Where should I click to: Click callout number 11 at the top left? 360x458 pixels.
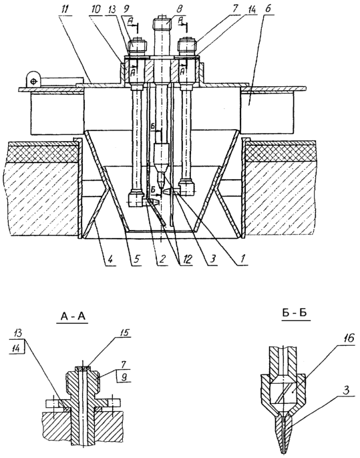tap(65, 9)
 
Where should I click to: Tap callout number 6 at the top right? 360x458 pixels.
tap(268, 9)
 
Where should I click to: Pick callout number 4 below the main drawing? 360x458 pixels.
tap(112, 259)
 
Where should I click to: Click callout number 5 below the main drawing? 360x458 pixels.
tap(137, 259)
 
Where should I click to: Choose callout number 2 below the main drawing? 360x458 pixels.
tap(162, 259)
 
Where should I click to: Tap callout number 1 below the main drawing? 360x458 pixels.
tap(242, 259)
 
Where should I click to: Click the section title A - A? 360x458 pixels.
tap(73, 316)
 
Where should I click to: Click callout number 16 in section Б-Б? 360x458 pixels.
tap(349, 338)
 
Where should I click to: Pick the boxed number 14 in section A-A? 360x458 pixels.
tap(17, 348)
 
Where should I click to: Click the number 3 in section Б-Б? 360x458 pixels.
tap(346, 390)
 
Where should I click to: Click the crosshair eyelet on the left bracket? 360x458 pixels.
tap(33, 80)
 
